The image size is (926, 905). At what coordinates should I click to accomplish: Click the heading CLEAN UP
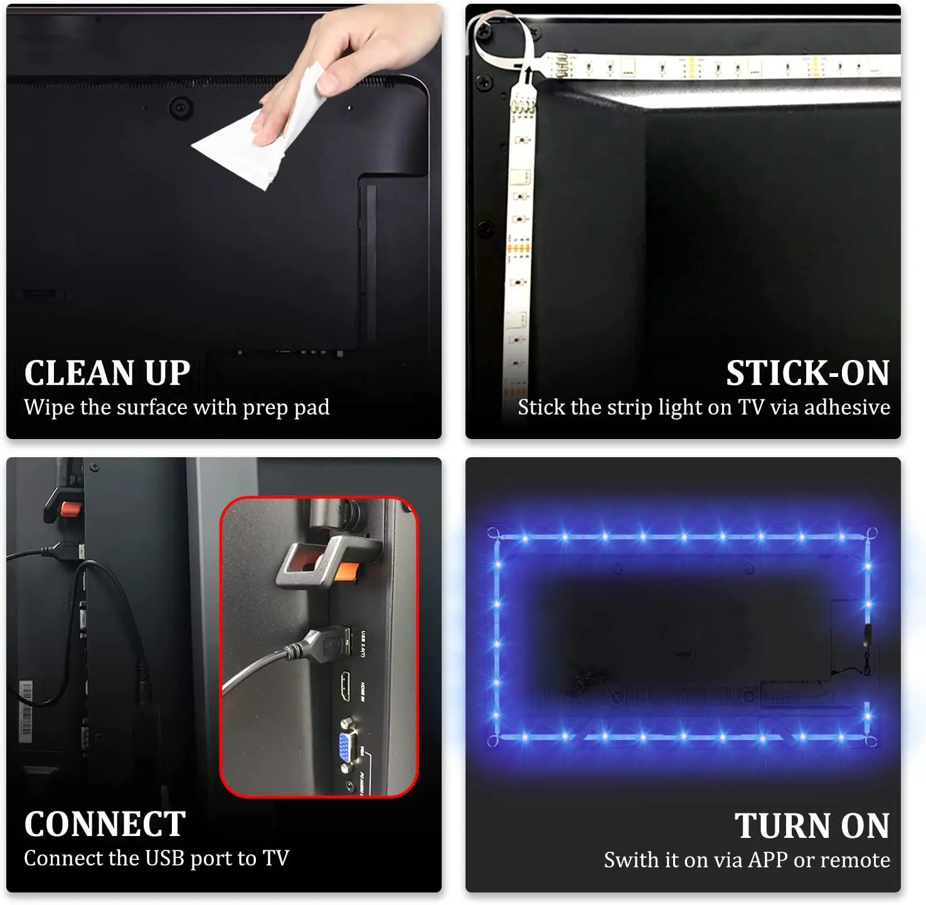pos(107,373)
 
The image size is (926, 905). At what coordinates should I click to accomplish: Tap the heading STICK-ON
pos(807,373)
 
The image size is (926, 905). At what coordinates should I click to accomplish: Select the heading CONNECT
pos(105,824)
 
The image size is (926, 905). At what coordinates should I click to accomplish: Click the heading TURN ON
pos(812,825)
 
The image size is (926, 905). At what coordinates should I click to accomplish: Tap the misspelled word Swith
pos(628,860)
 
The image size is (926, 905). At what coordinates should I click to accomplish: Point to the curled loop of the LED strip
pos(502,38)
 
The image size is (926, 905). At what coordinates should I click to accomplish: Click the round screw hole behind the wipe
pos(180,108)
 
